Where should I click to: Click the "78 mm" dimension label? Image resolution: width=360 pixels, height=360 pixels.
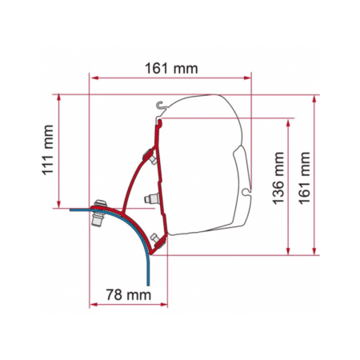point(129,294)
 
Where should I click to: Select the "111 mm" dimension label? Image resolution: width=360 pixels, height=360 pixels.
point(48,150)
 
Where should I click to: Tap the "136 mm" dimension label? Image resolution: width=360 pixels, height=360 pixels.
point(278,178)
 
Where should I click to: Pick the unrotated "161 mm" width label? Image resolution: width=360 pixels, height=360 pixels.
point(171,69)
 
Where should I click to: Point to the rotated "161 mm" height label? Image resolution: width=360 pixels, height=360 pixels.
point(305,178)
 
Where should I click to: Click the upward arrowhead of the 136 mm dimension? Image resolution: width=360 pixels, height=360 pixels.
point(288,123)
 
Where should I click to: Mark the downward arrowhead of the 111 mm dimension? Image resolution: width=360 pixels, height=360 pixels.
point(58,204)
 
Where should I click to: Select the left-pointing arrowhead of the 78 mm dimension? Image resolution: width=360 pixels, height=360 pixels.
point(94,305)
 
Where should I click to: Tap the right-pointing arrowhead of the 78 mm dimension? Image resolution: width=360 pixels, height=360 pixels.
point(163,305)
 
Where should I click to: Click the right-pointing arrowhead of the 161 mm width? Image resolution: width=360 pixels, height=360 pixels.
point(247,78)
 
